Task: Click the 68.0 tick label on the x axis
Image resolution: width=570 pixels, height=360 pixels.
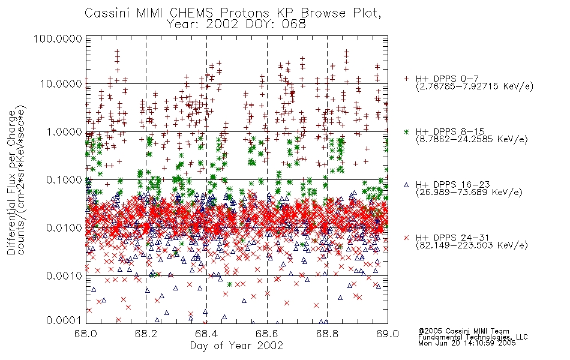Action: pos(86,334)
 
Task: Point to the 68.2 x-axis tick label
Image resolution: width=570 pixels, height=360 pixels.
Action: pos(146,334)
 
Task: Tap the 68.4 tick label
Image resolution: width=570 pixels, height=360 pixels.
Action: pos(206,334)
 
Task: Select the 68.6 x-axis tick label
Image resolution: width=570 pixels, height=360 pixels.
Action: pos(267,334)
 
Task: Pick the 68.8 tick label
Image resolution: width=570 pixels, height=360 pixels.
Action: pos(327,334)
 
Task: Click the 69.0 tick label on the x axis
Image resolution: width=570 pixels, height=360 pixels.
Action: pos(388,334)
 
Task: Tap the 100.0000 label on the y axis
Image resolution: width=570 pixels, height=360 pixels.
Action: pos(58,38)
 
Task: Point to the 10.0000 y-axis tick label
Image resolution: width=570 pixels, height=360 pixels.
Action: pos(61,84)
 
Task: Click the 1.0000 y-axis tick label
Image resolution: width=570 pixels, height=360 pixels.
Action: pos(64,131)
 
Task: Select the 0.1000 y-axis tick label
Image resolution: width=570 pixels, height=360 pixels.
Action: pos(64,179)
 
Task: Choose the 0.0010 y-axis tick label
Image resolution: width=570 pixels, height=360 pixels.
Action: pos(64,275)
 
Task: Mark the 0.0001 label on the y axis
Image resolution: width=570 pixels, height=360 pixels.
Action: pos(64,320)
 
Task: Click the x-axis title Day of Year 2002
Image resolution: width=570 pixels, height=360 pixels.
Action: pos(236,346)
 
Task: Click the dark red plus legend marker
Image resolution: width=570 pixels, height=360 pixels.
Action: pos(406,79)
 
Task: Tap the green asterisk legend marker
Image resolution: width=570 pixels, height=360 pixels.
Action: pos(406,131)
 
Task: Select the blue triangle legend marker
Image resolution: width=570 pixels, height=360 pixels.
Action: pos(406,185)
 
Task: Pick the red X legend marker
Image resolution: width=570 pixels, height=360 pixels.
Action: pos(406,238)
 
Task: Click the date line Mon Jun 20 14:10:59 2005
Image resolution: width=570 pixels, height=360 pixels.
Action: pos(467,343)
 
